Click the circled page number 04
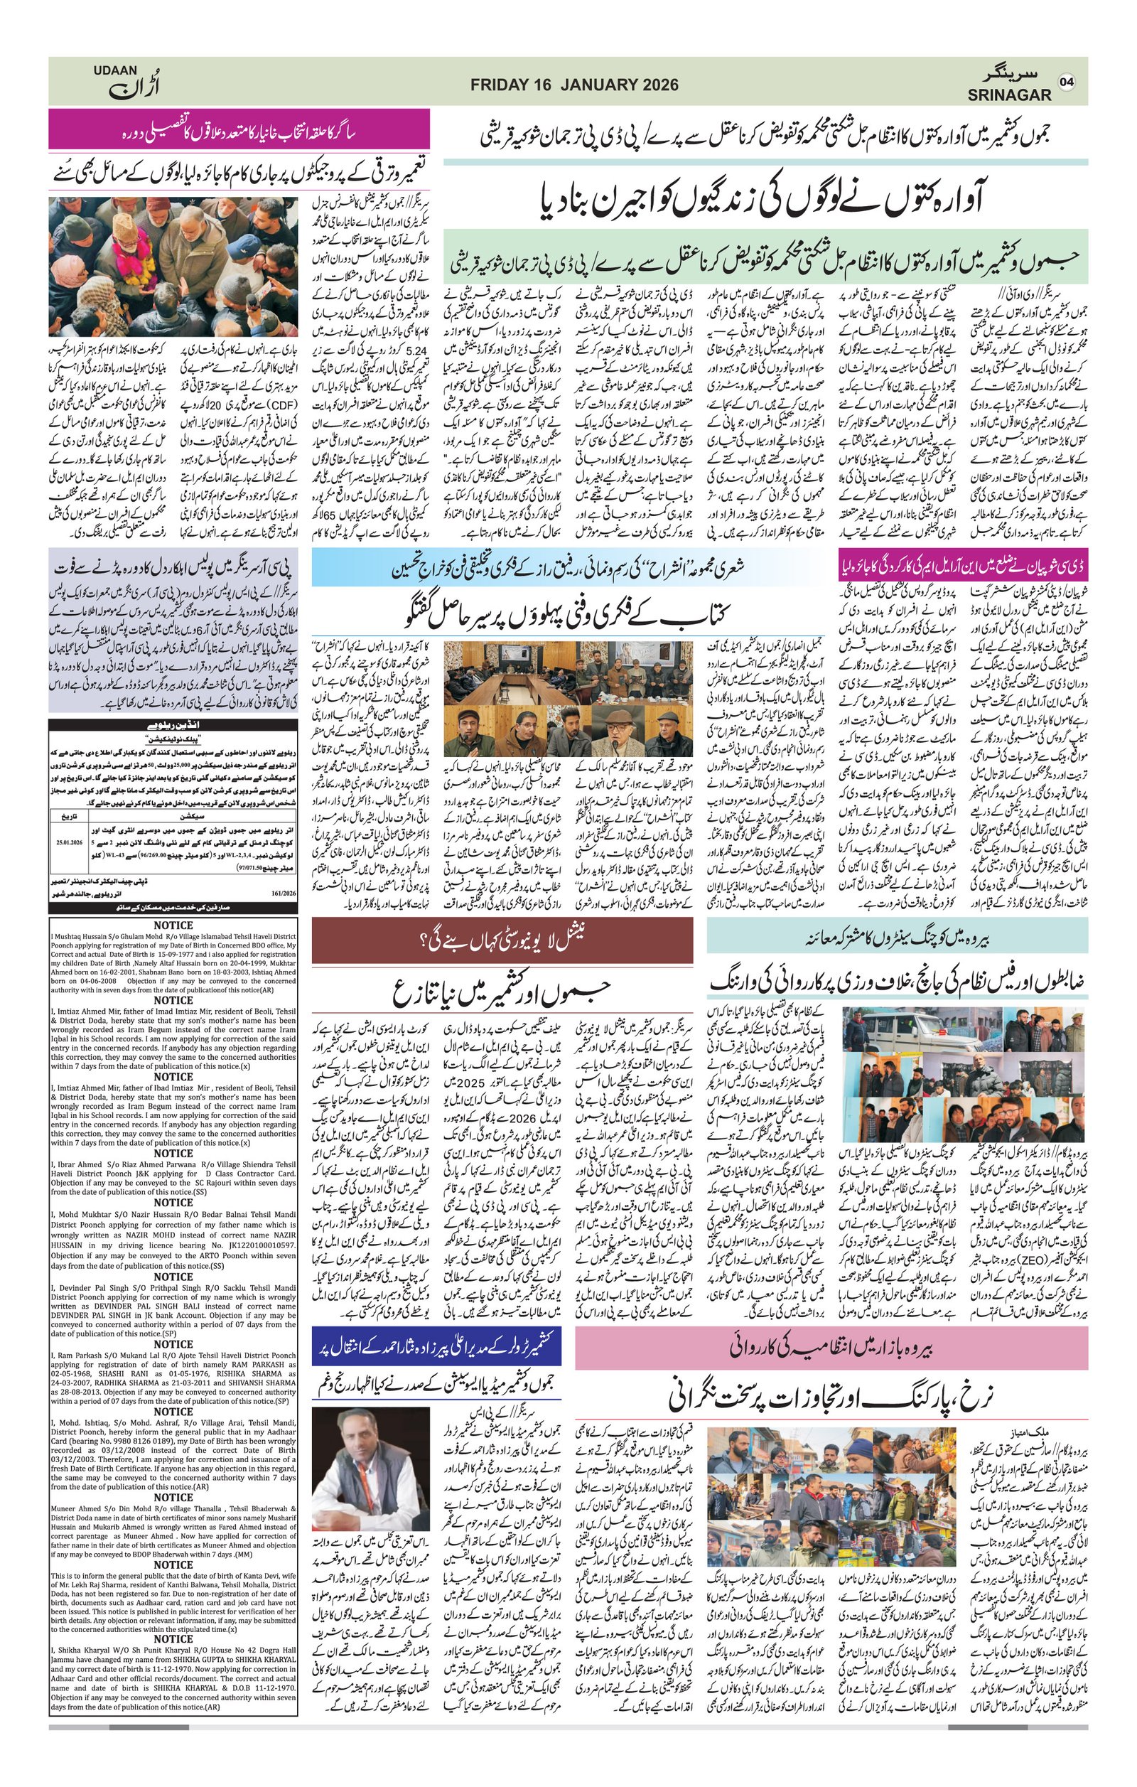[1067, 82]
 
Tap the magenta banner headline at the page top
[239, 129]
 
